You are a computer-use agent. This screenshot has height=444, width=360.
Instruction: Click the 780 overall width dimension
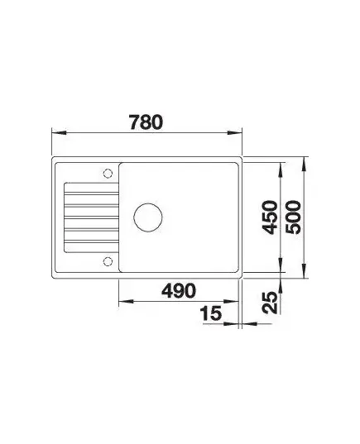pos(146,122)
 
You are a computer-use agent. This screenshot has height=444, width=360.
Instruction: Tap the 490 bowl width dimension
pos(179,290)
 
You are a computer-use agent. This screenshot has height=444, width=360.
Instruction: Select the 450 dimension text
pos(269,217)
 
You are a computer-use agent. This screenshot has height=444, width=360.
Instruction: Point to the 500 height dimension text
pos(293,217)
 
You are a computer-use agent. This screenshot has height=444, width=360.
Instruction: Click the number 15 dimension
pos(210,313)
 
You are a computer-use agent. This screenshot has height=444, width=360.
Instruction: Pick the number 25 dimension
pos(269,303)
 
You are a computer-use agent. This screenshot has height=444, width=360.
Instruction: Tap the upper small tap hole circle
pos(108,173)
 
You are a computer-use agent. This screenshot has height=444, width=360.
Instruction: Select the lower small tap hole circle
pos(108,261)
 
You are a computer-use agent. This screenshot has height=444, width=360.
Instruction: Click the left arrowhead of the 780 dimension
pos(59,132)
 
